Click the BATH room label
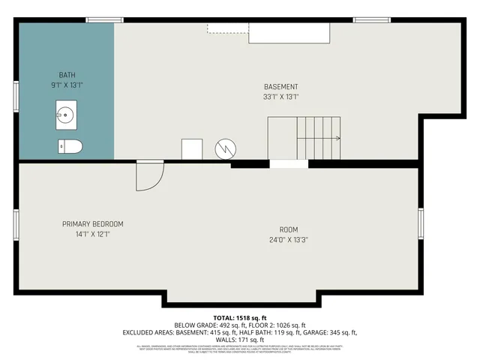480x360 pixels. [x=67, y=75]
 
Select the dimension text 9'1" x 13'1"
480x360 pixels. [x=67, y=85]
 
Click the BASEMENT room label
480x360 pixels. [x=281, y=87]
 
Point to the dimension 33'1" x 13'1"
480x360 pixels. [x=281, y=97]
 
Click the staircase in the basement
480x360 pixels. [x=304, y=138]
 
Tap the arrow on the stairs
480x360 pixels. [x=337, y=138]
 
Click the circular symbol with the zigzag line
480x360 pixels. [x=226, y=149]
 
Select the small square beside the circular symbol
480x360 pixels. [x=192, y=148]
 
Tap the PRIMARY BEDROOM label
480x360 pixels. [x=92, y=224]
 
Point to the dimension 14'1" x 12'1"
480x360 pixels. [x=92, y=234]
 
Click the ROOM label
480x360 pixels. [x=289, y=229]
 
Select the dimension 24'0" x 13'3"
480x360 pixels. [x=289, y=240]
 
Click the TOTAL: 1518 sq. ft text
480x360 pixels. [x=239, y=318]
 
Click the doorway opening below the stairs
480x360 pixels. [x=289, y=163]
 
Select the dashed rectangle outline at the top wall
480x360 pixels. [x=228, y=28]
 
